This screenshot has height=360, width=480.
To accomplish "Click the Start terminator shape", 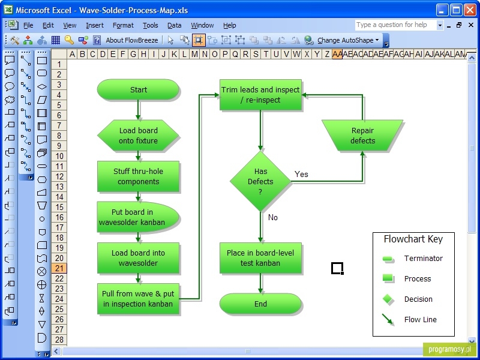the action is click(138, 89).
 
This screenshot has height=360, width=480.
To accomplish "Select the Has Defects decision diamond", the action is click(260, 181).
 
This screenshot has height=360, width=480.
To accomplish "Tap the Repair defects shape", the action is click(362, 136).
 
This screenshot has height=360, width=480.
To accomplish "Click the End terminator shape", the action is click(260, 304).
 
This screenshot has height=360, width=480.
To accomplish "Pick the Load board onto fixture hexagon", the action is click(138, 136).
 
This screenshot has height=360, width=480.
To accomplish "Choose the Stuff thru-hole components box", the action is click(138, 176).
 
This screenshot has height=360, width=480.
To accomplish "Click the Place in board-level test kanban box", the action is click(260, 258).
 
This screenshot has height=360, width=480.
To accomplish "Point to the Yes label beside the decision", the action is click(301, 174).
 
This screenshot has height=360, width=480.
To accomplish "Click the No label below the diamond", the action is click(273, 217).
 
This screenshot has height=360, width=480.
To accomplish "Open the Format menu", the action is click(123, 25).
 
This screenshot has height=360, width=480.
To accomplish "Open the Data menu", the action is click(174, 25).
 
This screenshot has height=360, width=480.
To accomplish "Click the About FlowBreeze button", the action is click(131, 40).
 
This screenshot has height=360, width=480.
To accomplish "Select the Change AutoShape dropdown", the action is click(348, 40).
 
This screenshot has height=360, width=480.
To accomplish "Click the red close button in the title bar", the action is click(470, 10).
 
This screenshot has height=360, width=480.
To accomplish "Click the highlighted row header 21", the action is click(59, 268).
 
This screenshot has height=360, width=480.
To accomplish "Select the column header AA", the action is click(337, 54).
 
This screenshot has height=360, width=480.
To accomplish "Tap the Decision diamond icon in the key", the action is click(388, 299).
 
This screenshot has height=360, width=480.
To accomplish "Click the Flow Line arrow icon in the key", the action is click(388, 320).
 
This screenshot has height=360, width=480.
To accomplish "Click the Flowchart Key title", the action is click(413, 239).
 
